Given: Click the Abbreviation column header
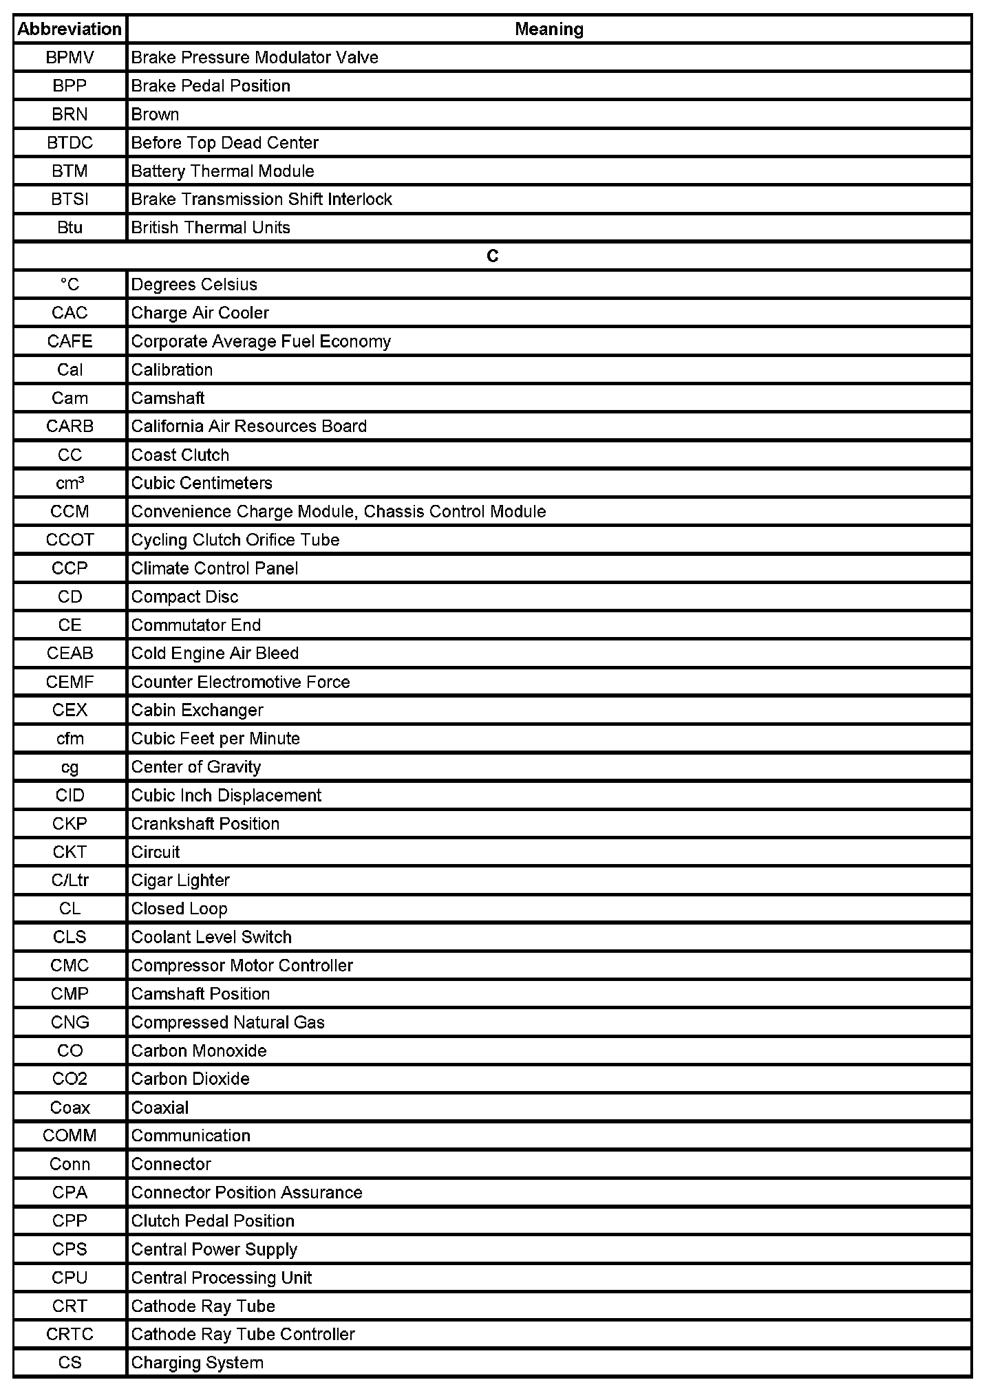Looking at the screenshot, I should point(70,29).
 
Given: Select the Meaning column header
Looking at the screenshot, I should point(548,29).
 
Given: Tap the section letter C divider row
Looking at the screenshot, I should point(492,256).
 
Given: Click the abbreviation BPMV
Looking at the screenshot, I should point(70,58).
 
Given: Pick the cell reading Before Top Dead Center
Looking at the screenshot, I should point(224,143).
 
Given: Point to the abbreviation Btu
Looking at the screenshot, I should point(70,228).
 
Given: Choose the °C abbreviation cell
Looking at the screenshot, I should point(70,285).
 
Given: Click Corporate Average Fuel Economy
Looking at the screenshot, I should point(261,342).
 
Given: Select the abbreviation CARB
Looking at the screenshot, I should point(70,427).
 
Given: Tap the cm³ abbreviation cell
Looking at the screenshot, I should point(70,484).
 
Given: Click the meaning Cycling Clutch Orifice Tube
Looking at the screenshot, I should point(235,540).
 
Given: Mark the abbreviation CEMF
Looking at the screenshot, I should point(70,682).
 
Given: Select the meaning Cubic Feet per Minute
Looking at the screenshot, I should point(215,739).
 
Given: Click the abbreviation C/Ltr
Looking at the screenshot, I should point(70,881).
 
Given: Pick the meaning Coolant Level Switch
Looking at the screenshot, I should point(211,937).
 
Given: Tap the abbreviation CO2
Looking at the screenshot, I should point(70,1079).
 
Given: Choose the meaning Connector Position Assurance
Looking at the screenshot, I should point(246,1192).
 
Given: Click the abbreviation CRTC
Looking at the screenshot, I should point(70,1334).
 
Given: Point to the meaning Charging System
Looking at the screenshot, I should point(197,1362).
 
